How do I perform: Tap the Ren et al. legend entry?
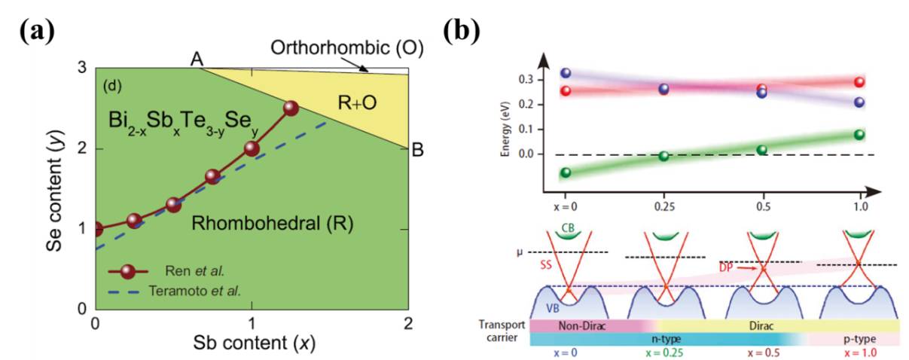(x=194, y=269)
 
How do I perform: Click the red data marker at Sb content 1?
(x=252, y=148)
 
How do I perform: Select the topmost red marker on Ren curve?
(x=291, y=108)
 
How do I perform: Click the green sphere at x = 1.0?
(x=859, y=135)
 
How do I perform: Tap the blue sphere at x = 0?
(x=566, y=73)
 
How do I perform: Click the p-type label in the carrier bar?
(x=859, y=340)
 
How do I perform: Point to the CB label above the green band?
(x=569, y=226)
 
